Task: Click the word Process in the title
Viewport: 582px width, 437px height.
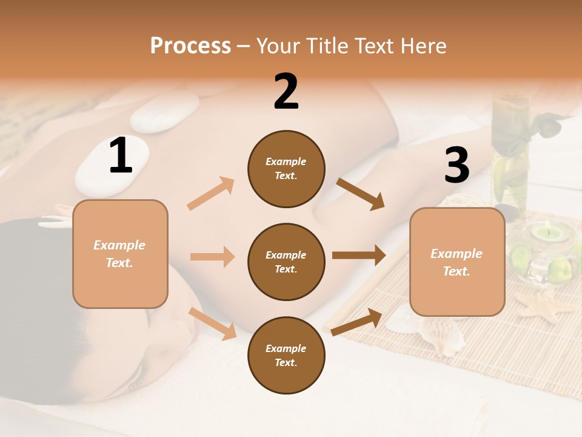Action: [190, 46]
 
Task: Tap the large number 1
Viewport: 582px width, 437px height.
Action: [121, 156]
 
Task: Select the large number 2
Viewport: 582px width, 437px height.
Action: [286, 92]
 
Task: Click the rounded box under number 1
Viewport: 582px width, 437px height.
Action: [120, 254]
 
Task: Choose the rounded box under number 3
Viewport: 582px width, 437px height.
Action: [457, 262]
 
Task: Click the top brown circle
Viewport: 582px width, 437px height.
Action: [286, 169]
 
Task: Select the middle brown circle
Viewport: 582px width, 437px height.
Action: [286, 262]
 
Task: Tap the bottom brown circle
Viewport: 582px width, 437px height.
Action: [286, 355]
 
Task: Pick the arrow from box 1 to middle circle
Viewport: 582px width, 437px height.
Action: [212, 257]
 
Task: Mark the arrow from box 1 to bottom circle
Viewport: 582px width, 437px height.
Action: [213, 324]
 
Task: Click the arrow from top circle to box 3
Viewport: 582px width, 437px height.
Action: [361, 194]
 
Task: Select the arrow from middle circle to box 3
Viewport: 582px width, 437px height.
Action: [358, 256]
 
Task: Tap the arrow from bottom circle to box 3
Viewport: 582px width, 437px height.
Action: [357, 322]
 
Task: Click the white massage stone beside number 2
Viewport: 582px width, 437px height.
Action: [164, 112]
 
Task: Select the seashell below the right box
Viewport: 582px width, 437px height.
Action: [440, 336]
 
